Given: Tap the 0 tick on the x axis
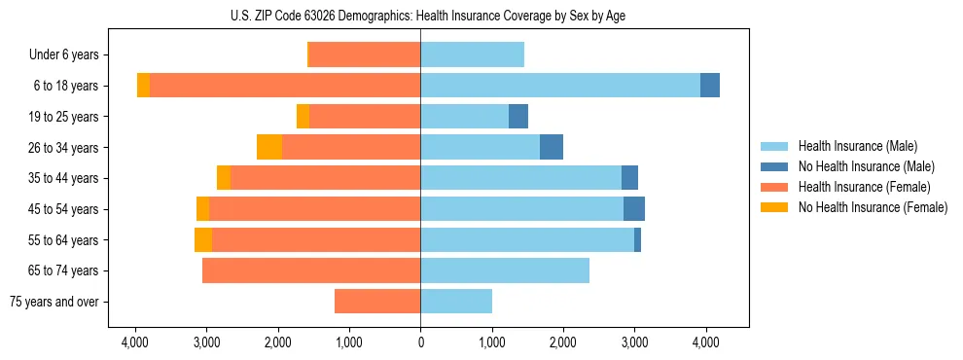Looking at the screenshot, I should [420, 342].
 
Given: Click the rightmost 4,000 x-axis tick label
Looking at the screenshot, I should [705, 342].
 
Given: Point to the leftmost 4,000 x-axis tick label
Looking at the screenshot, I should [135, 342].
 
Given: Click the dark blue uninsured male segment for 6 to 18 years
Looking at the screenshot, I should [710, 86].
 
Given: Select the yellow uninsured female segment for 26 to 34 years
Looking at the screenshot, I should [269, 147].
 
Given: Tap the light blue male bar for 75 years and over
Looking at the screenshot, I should [456, 302].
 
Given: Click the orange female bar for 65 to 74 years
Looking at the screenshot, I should [311, 270].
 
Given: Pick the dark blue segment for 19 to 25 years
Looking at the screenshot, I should [518, 117].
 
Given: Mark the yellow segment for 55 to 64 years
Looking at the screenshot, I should [203, 239].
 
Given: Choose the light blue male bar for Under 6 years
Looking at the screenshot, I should [472, 55].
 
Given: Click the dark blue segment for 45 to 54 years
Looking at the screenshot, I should [634, 209].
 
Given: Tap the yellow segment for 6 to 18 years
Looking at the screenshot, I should [144, 86].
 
